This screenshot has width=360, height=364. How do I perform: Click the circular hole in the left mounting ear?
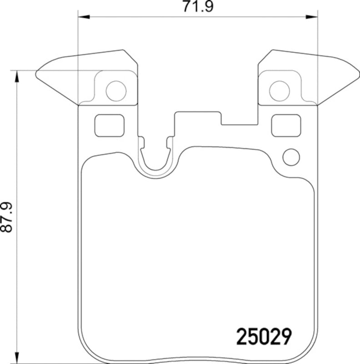(x=115, y=91)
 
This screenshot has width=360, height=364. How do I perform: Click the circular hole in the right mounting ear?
(x=279, y=91)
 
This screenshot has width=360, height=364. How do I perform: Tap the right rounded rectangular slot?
(x=286, y=125)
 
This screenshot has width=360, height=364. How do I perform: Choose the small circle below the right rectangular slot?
(x=291, y=157)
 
